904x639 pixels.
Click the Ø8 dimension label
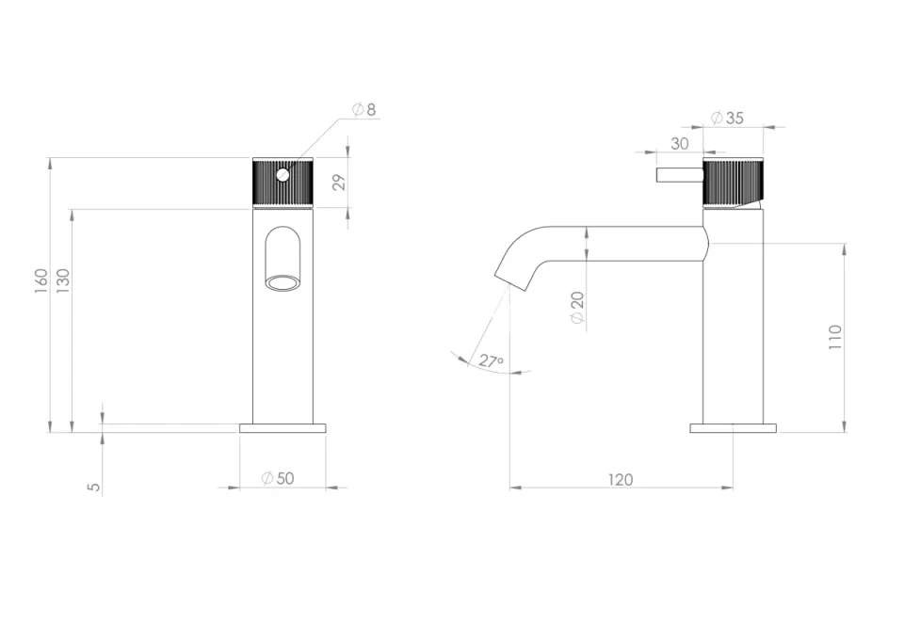(364, 110)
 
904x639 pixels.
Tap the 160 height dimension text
(41, 280)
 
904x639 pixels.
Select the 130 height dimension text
(64, 280)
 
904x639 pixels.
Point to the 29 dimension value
(339, 182)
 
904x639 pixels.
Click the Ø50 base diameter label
(278, 478)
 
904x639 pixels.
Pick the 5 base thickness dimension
(92, 487)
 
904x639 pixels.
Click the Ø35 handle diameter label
(728, 118)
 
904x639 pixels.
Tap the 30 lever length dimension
(680, 143)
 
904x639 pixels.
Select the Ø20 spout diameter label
(578, 307)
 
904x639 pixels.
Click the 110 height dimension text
(835, 337)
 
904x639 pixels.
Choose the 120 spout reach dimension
(620, 479)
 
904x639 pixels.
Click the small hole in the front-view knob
(282, 174)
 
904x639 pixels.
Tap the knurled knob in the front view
(282, 183)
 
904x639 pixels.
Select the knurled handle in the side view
(733, 182)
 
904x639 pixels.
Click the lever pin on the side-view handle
(680, 175)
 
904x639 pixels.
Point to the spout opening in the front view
(282, 281)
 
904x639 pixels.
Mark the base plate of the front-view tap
(282, 428)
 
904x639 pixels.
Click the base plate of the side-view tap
(733, 428)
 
